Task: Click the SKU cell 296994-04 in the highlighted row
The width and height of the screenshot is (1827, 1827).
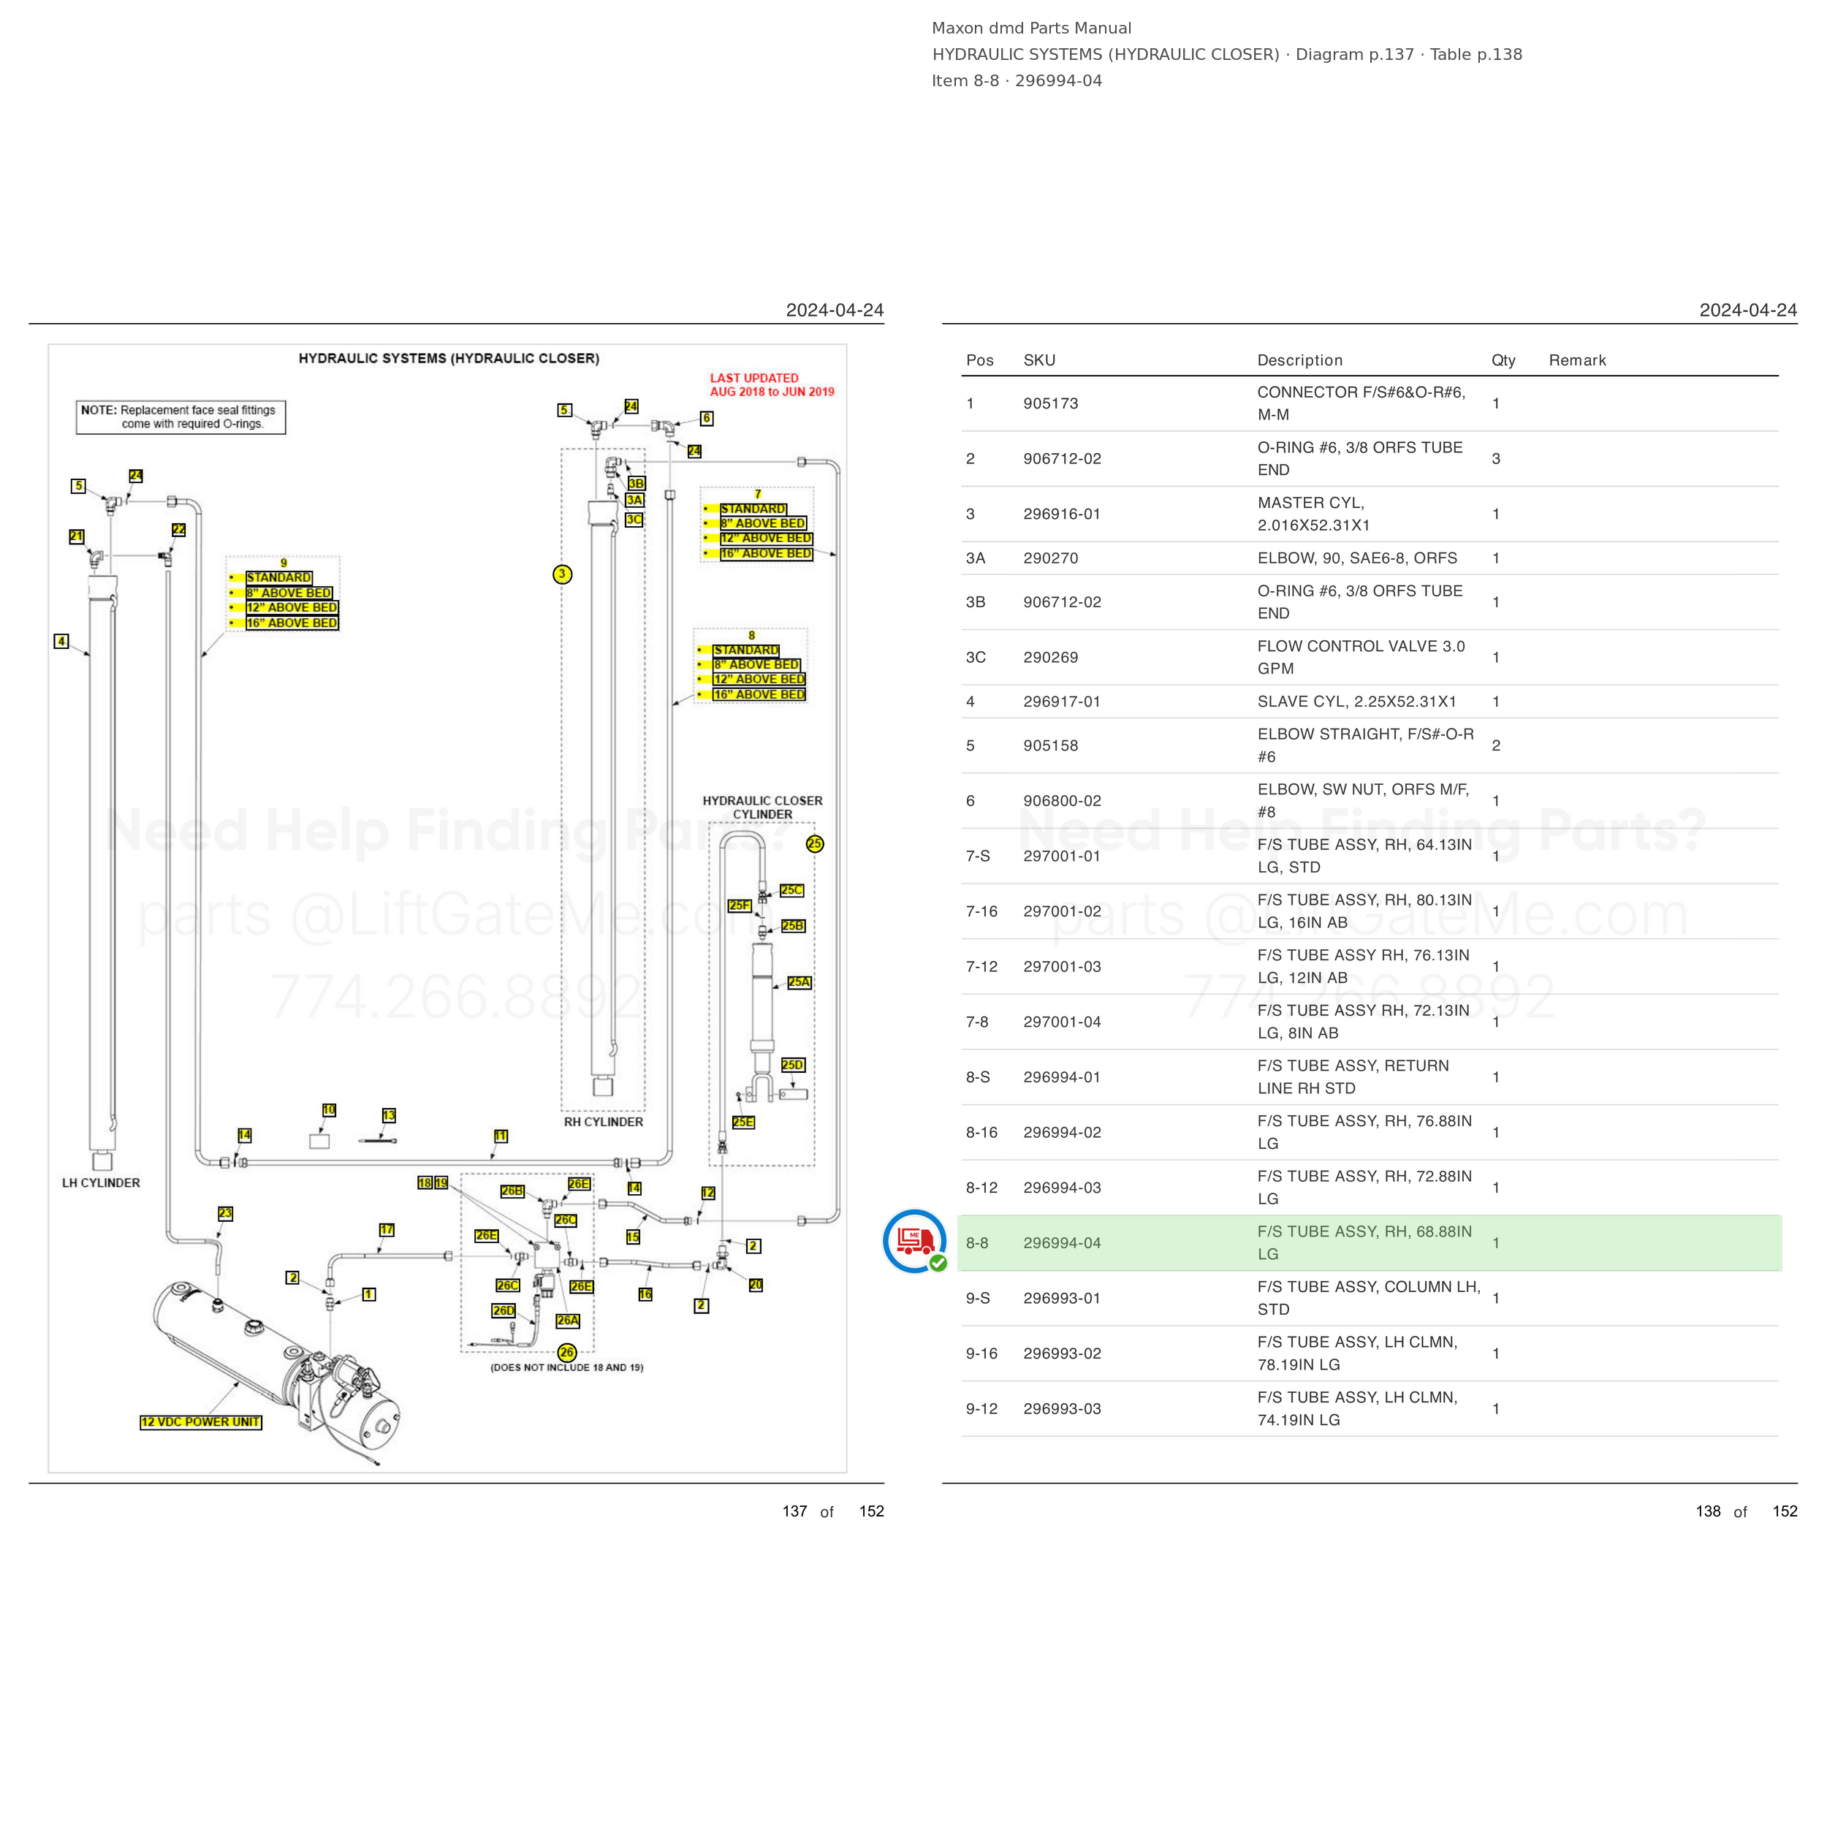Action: (x=1062, y=1242)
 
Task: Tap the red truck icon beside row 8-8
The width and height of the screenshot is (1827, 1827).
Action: (x=914, y=1241)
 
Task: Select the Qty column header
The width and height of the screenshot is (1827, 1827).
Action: (x=1503, y=360)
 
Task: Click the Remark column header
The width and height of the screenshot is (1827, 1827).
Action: (x=1577, y=360)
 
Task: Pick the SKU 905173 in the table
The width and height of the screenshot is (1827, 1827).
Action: (x=1051, y=404)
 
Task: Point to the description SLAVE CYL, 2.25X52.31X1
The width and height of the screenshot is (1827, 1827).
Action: (x=1357, y=702)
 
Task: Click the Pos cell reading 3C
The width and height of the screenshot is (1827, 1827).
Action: (x=976, y=657)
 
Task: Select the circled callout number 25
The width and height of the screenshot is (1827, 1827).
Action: (x=815, y=843)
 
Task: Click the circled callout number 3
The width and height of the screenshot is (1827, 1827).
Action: (x=563, y=574)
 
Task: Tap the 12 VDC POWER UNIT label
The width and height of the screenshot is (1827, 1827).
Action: (x=200, y=1422)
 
